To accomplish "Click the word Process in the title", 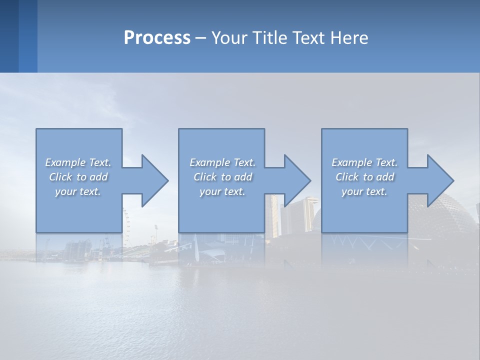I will pyautogui.click(x=157, y=38).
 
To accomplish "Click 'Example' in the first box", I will pyautogui.click(x=65, y=162).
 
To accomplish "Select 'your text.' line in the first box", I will pyautogui.click(x=78, y=191).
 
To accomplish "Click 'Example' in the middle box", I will pyautogui.click(x=209, y=162).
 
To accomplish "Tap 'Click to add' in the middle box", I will pyautogui.click(x=222, y=177).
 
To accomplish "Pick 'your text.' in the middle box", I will pyautogui.click(x=222, y=191).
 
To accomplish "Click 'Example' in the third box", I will pyautogui.click(x=351, y=162).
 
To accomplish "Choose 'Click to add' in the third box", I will pyautogui.click(x=364, y=177).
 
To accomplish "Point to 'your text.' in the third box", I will pyautogui.click(x=364, y=191).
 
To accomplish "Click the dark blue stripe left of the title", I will pyautogui.click(x=9, y=36).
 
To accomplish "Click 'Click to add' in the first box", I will pyautogui.click(x=78, y=177).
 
